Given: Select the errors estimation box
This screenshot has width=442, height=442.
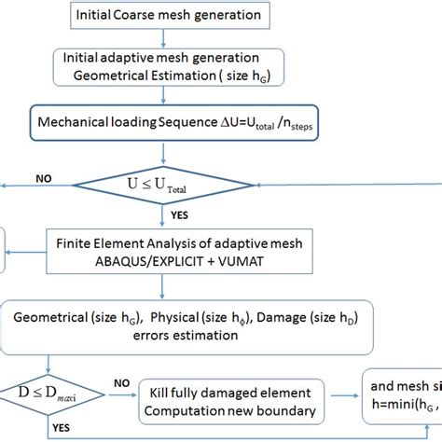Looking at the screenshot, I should pos(186,326).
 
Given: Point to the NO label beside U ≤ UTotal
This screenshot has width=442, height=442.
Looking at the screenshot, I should pos(44,175).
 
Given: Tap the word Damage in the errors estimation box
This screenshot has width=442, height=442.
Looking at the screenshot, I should pos(283,317).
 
